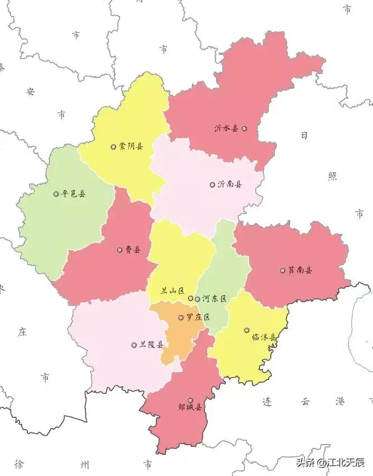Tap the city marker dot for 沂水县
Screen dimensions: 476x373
click(x=244, y=128)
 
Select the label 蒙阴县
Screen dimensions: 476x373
click(x=131, y=146)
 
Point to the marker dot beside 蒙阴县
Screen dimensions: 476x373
click(x=113, y=147)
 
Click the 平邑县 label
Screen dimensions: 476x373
click(x=74, y=194)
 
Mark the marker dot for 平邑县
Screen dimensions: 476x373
click(x=56, y=194)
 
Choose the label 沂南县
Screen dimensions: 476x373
click(x=229, y=184)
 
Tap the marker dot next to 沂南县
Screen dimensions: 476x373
click(x=212, y=184)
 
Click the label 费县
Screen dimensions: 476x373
click(x=133, y=250)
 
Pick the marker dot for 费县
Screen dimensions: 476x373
click(x=119, y=250)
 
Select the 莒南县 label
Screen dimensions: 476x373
click(x=300, y=270)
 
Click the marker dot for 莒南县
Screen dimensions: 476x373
click(x=283, y=270)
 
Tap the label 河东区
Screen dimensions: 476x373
click(x=214, y=299)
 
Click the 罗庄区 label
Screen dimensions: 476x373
click(x=198, y=317)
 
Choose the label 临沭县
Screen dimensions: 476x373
click(x=264, y=337)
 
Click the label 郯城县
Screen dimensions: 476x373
click(x=190, y=407)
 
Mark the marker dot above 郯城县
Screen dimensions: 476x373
click(x=190, y=400)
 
